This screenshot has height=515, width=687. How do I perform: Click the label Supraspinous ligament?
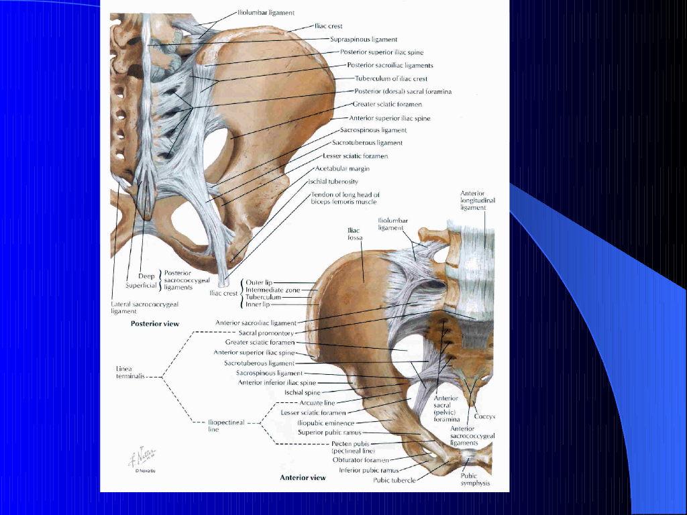click(x=364, y=40)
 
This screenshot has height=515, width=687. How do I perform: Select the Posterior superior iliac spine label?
click(x=381, y=52)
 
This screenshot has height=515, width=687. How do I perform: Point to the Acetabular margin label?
click(x=342, y=169)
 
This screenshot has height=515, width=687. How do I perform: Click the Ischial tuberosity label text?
click(x=333, y=182)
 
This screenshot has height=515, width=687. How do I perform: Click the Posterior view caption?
click(x=155, y=323)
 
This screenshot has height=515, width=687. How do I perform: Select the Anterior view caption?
click(x=303, y=478)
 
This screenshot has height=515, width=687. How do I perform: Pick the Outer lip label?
click(x=258, y=283)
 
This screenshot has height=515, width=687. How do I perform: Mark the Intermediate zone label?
click(x=272, y=290)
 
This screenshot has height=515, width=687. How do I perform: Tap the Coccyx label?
click(x=484, y=416)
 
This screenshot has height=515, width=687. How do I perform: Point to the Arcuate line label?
click(x=317, y=403)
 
